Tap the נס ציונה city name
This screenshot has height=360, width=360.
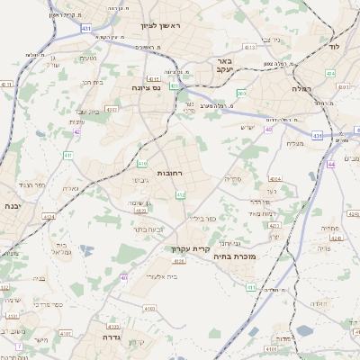(144, 87)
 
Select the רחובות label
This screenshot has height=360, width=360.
(170, 172)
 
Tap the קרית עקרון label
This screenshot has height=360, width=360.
(191, 248)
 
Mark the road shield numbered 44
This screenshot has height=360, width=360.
(331, 165)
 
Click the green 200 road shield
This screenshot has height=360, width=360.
(241, 93)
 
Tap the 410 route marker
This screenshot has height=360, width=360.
(142, 163)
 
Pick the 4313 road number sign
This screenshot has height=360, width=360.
(249, 47)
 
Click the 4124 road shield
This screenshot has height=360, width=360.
(47, 216)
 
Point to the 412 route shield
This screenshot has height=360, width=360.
(180, 194)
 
